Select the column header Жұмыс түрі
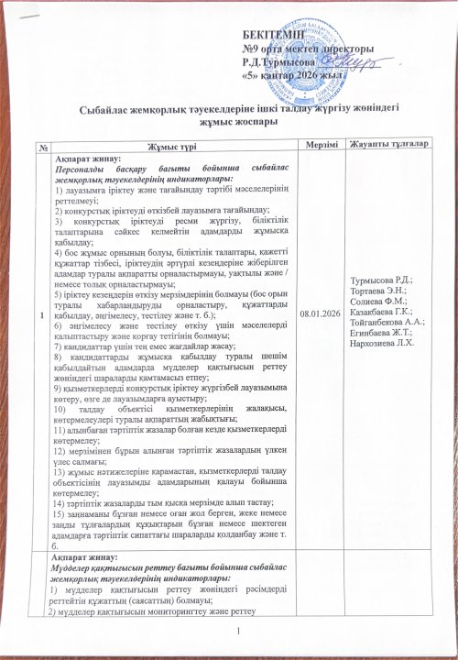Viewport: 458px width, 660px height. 164,149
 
